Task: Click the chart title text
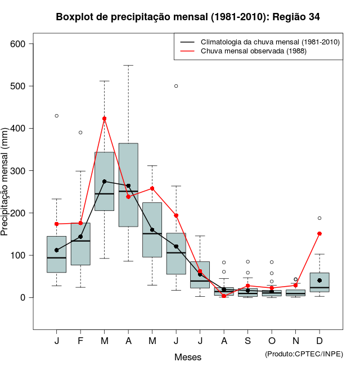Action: pyautogui.click(x=188, y=17)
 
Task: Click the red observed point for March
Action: pyautogui.click(x=105, y=119)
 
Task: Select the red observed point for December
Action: pyautogui.click(x=319, y=233)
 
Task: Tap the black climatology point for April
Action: pyautogui.click(x=128, y=185)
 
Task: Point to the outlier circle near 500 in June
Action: pyautogui.click(x=176, y=86)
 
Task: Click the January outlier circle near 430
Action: pyautogui.click(x=57, y=116)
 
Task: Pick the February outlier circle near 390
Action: pyautogui.click(x=80, y=133)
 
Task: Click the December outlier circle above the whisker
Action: pyautogui.click(x=319, y=218)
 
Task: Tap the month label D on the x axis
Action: pyautogui.click(x=319, y=341)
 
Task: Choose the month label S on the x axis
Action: pyautogui.click(x=247, y=341)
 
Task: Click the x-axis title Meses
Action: pyautogui.click(x=188, y=357)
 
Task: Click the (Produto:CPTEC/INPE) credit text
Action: pyautogui.click(x=304, y=354)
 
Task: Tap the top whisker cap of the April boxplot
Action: pyautogui.click(x=128, y=65)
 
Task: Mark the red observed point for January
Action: pyautogui.click(x=57, y=224)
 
